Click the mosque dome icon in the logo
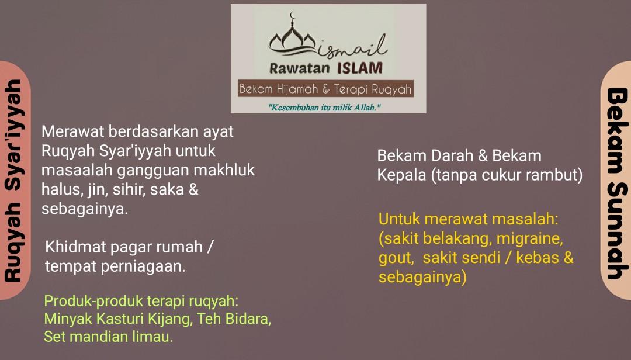(299, 41)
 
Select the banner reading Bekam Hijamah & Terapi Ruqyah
(325, 89)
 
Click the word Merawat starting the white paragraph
(73, 131)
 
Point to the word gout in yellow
(395, 258)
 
